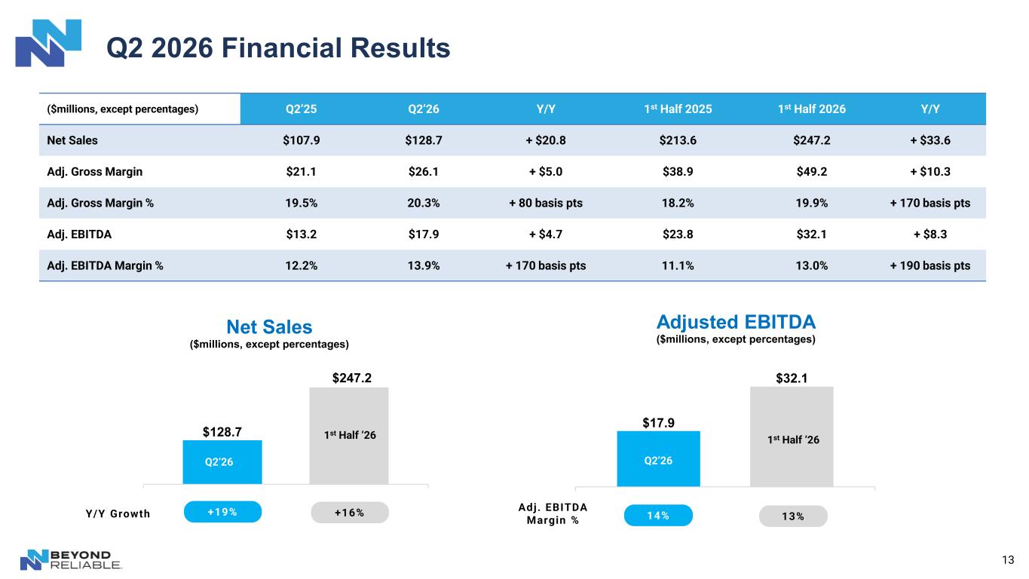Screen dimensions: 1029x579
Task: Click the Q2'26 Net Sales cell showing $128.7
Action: click(x=423, y=140)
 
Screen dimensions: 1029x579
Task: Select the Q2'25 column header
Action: click(x=301, y=109)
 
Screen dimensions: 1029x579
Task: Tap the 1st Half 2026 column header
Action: click(x=811, y=109)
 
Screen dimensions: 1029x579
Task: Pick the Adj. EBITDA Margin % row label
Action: click(x=105, y=265)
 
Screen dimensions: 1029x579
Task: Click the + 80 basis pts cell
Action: click(x=545, y=203)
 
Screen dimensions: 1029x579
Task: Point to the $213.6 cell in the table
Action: click(x=678, y=140)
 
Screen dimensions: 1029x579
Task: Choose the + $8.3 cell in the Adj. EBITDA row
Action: click(x=929, y=234)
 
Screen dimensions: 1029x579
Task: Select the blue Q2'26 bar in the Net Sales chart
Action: click(x=222, y=462)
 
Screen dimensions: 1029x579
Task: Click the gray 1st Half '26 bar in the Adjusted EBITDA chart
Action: click(x=792, y=437)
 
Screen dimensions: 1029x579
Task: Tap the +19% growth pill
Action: click(x=223, y=512)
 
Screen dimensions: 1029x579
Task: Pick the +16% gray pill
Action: click(x=350, y=513)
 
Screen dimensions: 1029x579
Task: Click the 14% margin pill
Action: click(x=658, y=516)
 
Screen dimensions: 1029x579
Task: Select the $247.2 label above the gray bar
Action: click(x=352, y=378)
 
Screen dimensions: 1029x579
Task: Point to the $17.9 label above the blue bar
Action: click(x=658, y=423)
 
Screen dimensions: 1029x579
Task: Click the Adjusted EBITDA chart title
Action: click(x=736, y=322)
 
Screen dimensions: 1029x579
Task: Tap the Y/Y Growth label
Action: click(x=118, y=513)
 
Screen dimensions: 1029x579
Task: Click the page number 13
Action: click(x=1008, y=559)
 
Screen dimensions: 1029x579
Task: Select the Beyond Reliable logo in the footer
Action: click(x=71, y=559)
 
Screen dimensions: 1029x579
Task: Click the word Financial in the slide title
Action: click(x=282, y=47)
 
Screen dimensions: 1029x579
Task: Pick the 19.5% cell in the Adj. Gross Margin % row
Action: click(x=301, y=203)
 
